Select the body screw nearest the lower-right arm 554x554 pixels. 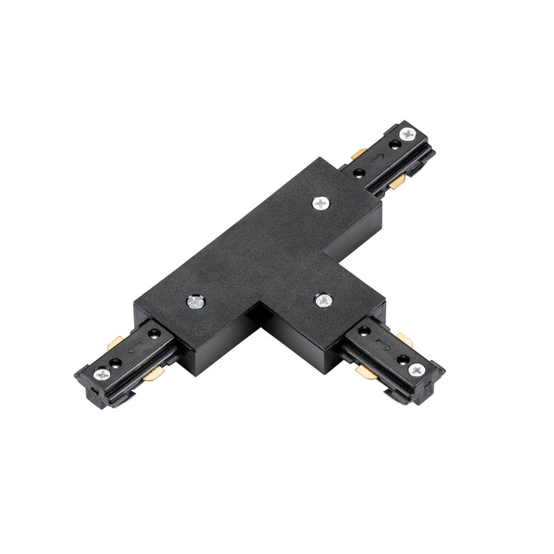point(323,300)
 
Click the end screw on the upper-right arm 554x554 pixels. point(407,134)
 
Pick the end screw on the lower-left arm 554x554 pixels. point(102,375)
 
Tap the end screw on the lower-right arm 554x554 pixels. point(416,369)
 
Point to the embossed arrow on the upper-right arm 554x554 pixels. point(377,157)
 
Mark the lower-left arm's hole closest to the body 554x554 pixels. point(153,333)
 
